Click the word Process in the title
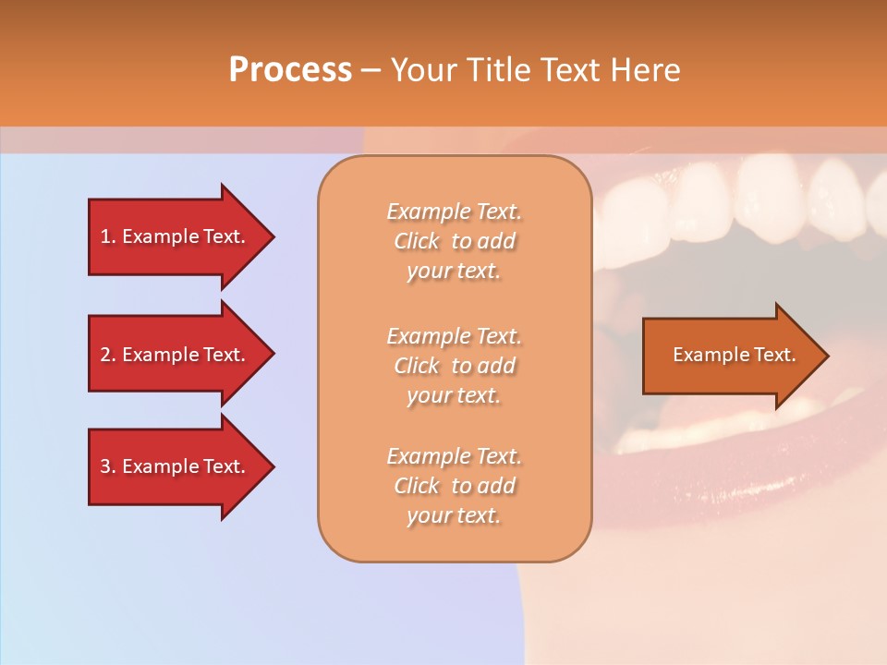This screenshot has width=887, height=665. click(290, 70)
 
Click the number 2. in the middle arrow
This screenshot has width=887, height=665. click(108, 355)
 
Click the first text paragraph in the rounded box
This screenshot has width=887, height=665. click(454, 241)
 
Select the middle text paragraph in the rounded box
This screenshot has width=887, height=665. click(454, 366)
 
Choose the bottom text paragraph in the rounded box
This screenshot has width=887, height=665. click(454, 486)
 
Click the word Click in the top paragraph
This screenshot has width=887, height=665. click(417, 241)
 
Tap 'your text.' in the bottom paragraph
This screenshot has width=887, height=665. click(454, 515)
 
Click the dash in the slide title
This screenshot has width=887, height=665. click(371, 70)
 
